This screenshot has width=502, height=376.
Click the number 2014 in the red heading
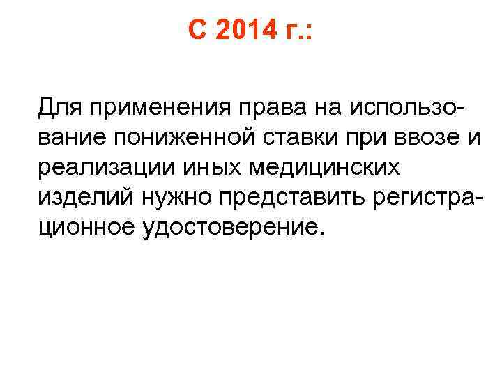click(241, 32)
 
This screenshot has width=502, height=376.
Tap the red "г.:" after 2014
click(297, 32)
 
